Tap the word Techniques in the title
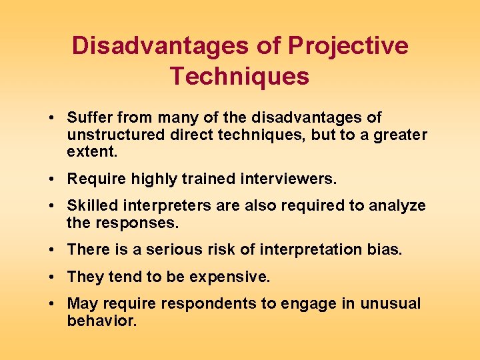(x=239, y=77)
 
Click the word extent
(x=92, y=151)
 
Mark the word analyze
(x=398, y=206)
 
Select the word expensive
(x=227, y=276)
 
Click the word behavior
(x=101, y=321)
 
